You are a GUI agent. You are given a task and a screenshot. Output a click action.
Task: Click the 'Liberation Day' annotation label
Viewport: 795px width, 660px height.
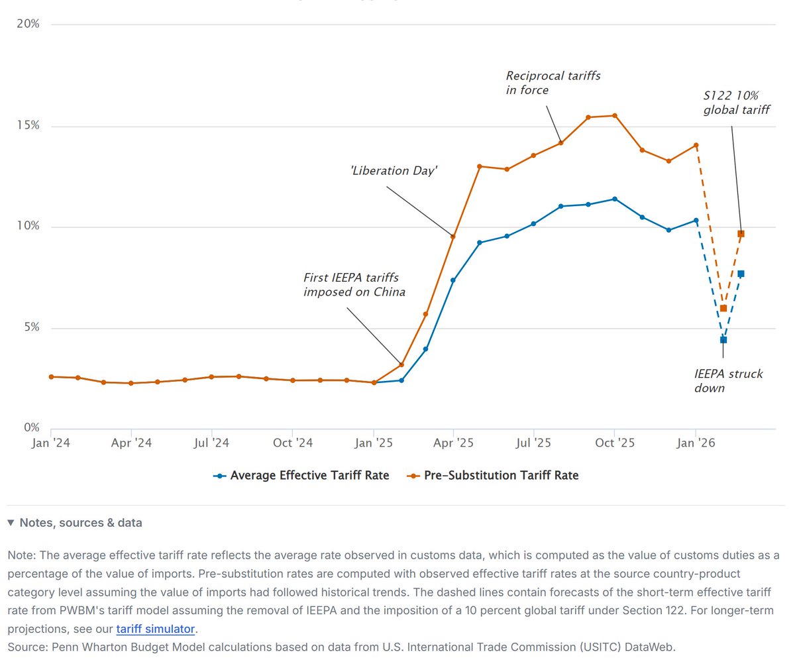(394, 171)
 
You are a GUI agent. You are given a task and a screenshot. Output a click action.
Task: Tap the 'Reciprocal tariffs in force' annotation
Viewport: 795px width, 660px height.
(553, 83)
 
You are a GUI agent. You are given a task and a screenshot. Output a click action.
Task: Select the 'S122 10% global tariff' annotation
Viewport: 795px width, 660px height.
(736, 102)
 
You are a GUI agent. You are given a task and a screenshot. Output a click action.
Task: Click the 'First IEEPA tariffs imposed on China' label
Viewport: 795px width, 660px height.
(354, 284)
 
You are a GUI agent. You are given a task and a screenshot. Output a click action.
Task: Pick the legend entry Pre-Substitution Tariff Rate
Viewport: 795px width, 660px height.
(492, 475)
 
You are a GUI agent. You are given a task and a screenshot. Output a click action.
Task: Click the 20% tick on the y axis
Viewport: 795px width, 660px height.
(28, 25)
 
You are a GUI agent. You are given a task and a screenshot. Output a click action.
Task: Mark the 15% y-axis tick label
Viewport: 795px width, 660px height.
(28, 126)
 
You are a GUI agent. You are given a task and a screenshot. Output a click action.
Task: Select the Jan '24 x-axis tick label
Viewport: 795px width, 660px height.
(50, 442)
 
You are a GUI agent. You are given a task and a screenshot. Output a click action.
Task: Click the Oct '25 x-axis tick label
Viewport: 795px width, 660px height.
(614, 442)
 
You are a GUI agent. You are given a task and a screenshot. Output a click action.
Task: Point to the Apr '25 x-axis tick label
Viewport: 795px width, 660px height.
(453, 442)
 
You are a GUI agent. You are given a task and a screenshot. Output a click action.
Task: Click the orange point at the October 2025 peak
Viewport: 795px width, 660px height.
(615, 116)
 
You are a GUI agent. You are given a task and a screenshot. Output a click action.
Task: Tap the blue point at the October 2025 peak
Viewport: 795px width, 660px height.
(615, 199)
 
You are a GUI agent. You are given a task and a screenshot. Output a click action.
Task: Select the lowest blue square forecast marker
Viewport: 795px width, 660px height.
(723, 340)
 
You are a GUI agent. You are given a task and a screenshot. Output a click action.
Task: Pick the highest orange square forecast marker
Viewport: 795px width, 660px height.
(741, 234)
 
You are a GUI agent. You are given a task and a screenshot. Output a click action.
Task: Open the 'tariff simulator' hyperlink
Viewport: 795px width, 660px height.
(156, 629)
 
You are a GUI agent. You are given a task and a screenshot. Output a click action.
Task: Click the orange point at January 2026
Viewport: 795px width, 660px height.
(696, 145)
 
